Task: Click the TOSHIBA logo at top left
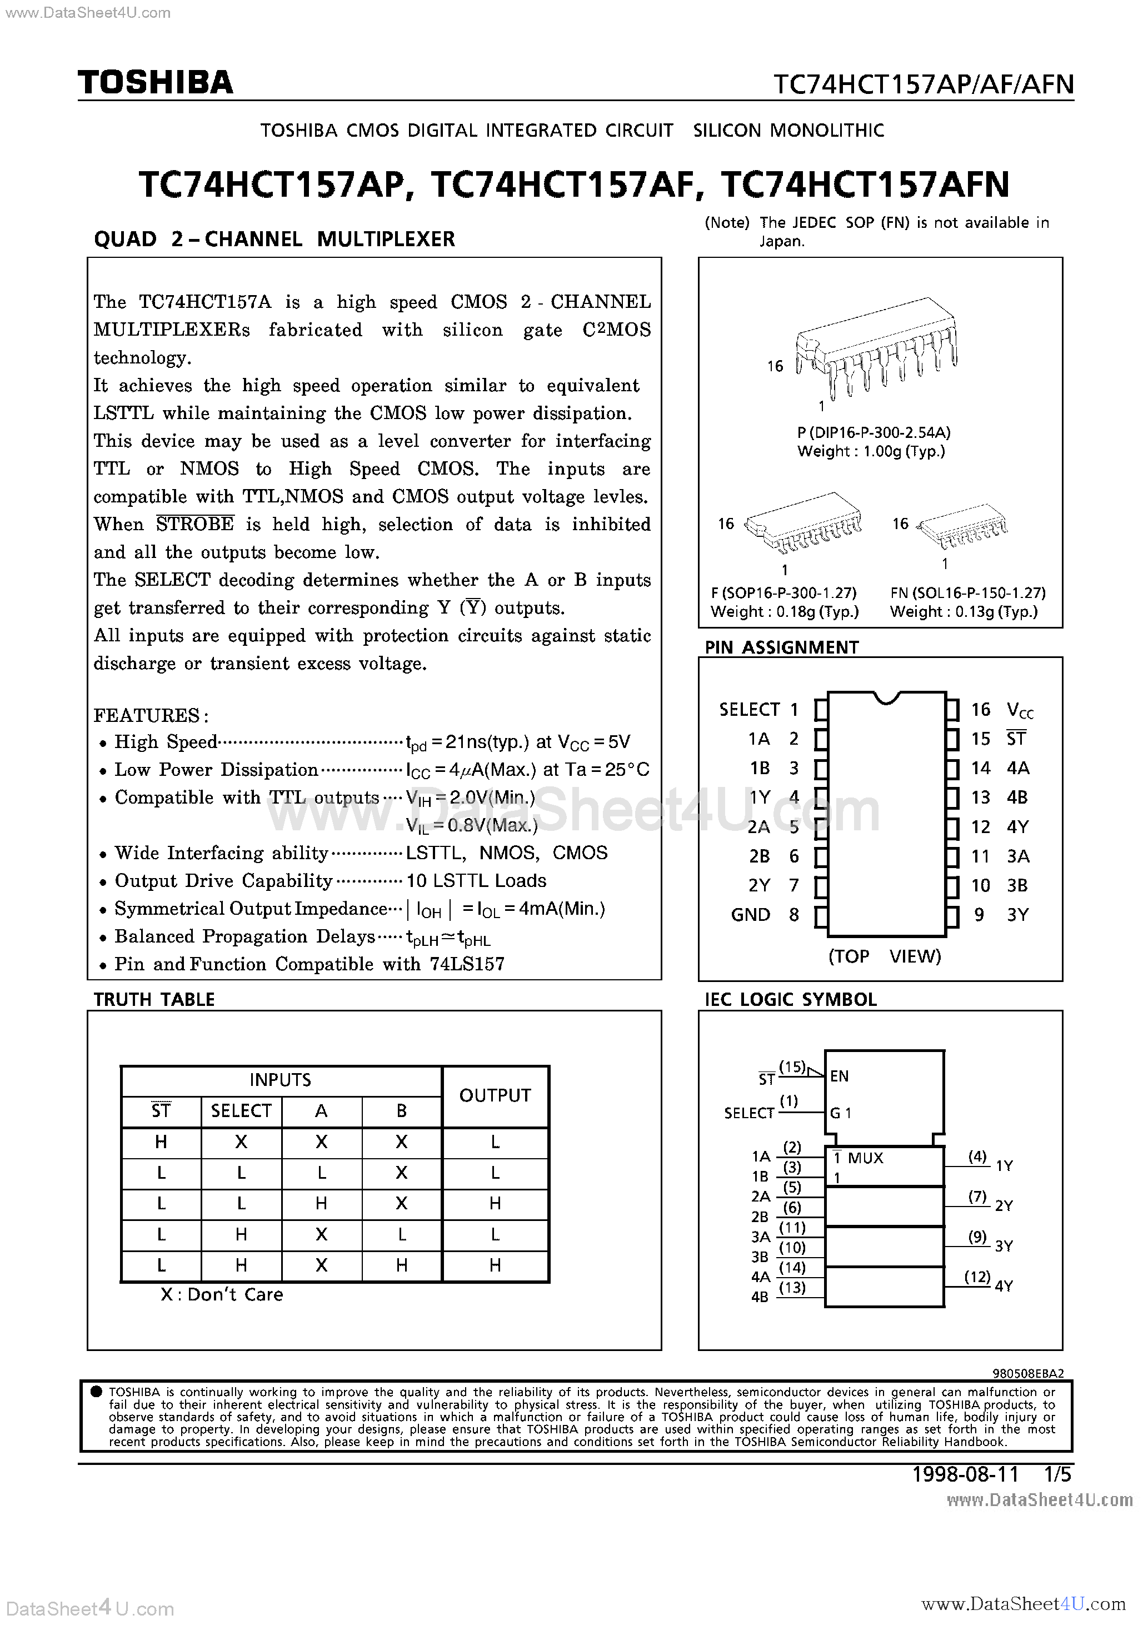(x=155, y=83)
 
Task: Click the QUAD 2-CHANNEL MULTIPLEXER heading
(x=274, y=239)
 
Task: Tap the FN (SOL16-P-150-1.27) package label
(x=967, y=593)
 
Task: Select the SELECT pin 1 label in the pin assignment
(x=749, y=709)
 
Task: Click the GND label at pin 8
(x=750, y=915)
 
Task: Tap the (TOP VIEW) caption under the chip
(x=885, y=956)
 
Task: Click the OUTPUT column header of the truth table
(x=495, y=1095)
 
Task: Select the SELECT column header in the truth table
(x=241, y=1111)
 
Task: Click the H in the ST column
(x=161, y=1142)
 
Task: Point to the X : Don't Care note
(x=222, y=1294)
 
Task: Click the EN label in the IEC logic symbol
(x=840, y=1076)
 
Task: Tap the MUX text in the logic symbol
(x=866, y=1158)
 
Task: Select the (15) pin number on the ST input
(x=792, y=1066)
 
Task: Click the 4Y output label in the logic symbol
(x=1004, y=1286)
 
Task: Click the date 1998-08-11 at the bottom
(x=965, y=1474)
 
